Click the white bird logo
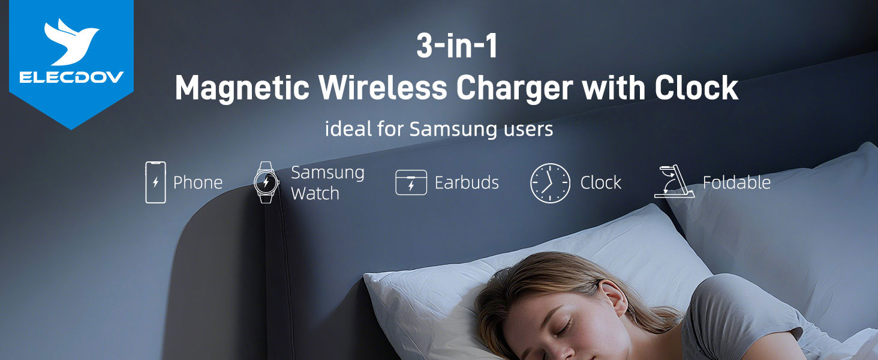click(x=71, y=42)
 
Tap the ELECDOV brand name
click(x=71, y=77)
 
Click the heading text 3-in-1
click(x=457, y=47)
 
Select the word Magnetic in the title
click(x=242, y=89)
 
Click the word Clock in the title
click(x=696, y=89)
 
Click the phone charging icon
click(x=155, y=182)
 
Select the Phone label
click(x=198, y=183)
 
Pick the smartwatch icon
click(x=266, y=182)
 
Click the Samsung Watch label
click(x=327, y=182)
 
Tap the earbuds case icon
click(x=411, y=182)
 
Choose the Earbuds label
click(x=467, y=183)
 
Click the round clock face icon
click(x=550, y=182)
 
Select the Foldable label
click(x=736, y=182)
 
